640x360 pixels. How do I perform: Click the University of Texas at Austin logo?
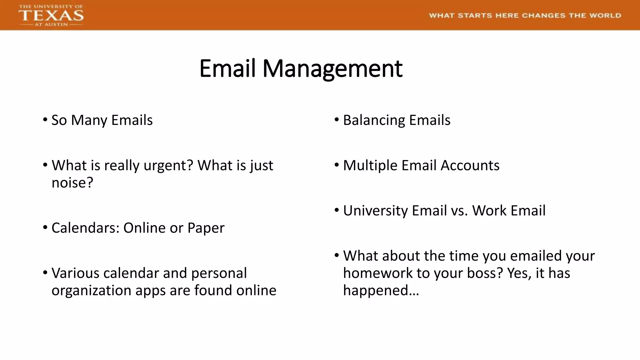point(51,15)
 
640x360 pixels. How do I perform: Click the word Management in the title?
point(332,68)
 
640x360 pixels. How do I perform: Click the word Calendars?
point(86,228)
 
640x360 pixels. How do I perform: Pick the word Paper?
point(206,228)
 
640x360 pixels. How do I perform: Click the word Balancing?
point(374,120)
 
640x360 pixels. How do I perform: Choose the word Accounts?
point(470,166)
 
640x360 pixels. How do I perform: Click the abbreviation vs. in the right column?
point(459,211)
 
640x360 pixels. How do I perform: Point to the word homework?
point(378,273)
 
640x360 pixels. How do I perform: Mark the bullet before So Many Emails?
point(45,119)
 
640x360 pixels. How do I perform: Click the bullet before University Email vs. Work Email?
point(337,210)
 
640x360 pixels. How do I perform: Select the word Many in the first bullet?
point(89,120)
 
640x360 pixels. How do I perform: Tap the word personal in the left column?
point(219,273)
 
